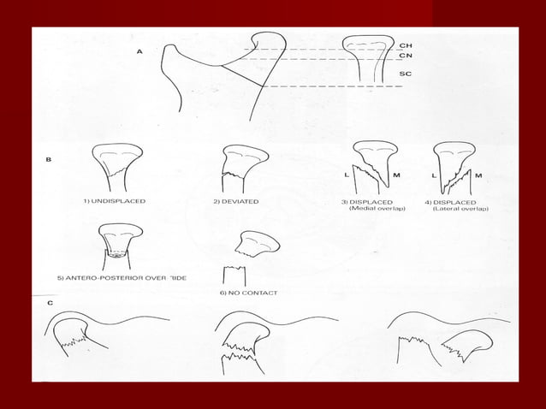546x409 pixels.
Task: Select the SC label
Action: [x=406, y=74]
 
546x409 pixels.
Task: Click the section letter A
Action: [x=139, y=52]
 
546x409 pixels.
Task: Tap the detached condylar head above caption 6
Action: [x=258, y=246]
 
